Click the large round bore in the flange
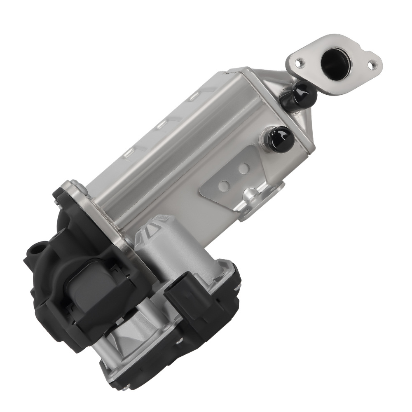(x=335, y=61)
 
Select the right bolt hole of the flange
(x=372, y=65)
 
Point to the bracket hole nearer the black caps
(x=244, y=168)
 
